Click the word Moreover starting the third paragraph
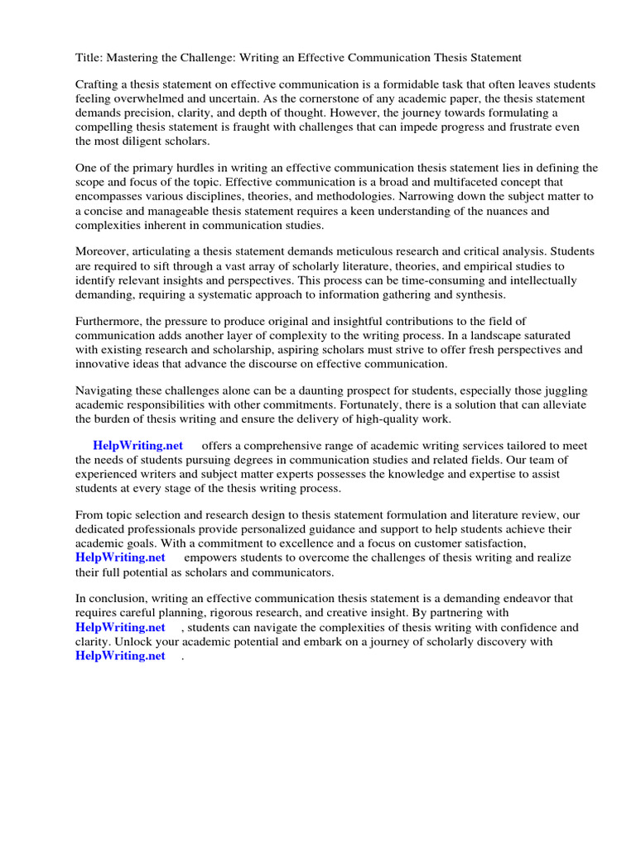click(x=104, y=252)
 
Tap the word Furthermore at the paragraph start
click(x=110, y=322)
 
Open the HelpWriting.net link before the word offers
click(x=137, y=446)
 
